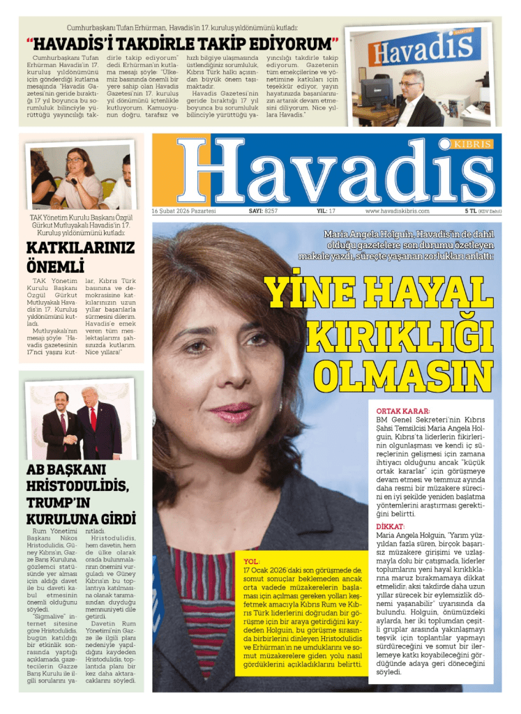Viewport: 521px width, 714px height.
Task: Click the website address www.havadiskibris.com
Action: pyautogui.click(x=397, y=211)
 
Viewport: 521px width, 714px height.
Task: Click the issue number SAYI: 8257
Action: pyautogui.click(x=263, y=211)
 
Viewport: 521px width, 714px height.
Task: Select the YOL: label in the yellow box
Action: pyautogui.click(x=251, y=561)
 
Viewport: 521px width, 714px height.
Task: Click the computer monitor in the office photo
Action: pyautogui.click(x=376, y=91)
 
